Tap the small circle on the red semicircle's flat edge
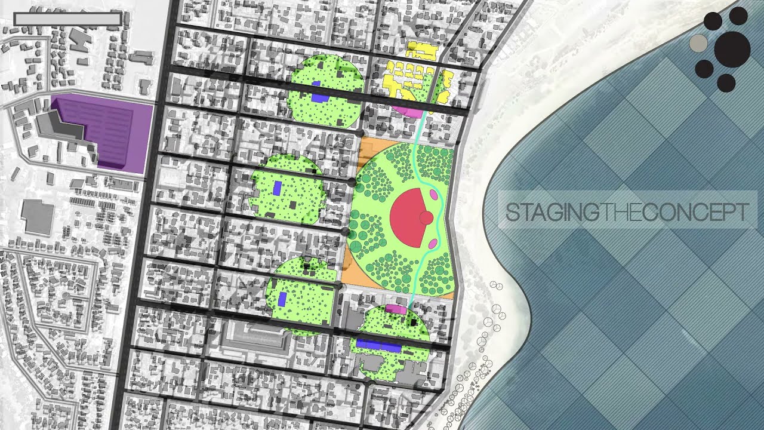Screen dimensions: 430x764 click(426, 218)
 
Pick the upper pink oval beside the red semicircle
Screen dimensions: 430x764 click(433, 195)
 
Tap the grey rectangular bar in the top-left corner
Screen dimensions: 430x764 click(67, 19)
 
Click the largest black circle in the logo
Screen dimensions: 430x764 click(732, 49)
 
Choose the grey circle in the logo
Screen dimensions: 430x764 click(698, 43)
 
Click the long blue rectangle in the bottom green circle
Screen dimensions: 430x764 click(378, 345)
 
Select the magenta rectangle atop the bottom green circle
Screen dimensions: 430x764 click(396, 309)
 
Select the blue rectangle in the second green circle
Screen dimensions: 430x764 click(278, 188)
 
